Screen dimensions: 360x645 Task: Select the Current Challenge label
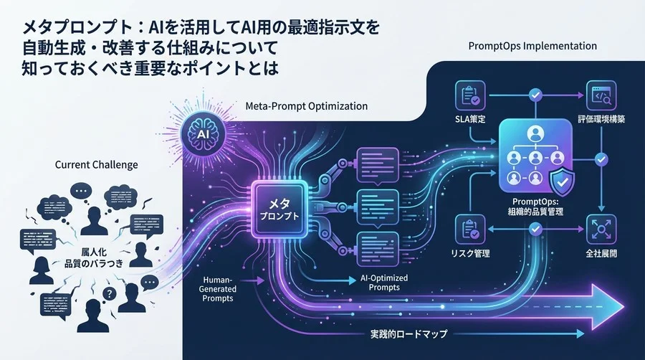96,165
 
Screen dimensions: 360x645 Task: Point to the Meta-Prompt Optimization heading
306,106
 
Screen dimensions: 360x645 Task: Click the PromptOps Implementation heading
532,46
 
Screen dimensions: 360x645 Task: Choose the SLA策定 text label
471,118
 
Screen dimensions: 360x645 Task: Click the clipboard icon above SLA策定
470,94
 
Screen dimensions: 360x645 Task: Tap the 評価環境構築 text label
601,118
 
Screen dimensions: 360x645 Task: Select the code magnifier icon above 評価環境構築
601,94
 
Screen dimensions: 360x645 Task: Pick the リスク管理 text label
471,253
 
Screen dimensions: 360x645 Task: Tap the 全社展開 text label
601,253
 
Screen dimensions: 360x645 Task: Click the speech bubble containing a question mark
110,293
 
